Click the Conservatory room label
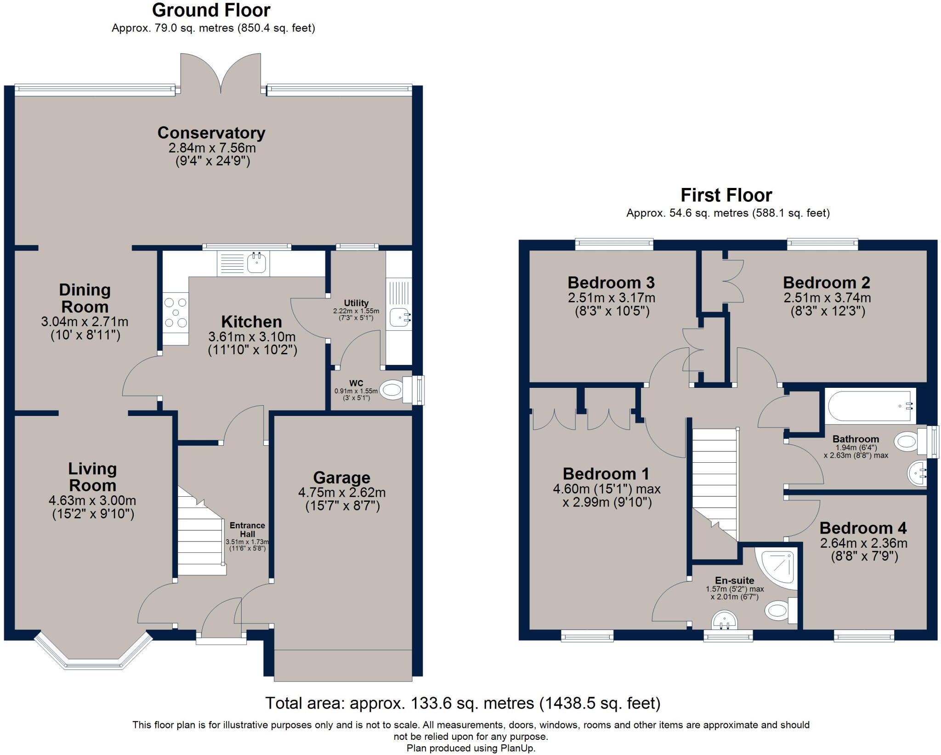click(211, 133)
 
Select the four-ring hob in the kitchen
click(176, 312)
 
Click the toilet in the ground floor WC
click(393, 391)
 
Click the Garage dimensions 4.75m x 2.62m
click(342, 493)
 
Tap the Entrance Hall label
click(247, 529)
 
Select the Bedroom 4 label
click(863, 528)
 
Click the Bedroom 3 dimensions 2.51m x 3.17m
click(612, 298)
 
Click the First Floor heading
click(726, 195)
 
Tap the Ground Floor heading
click(211, 10)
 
